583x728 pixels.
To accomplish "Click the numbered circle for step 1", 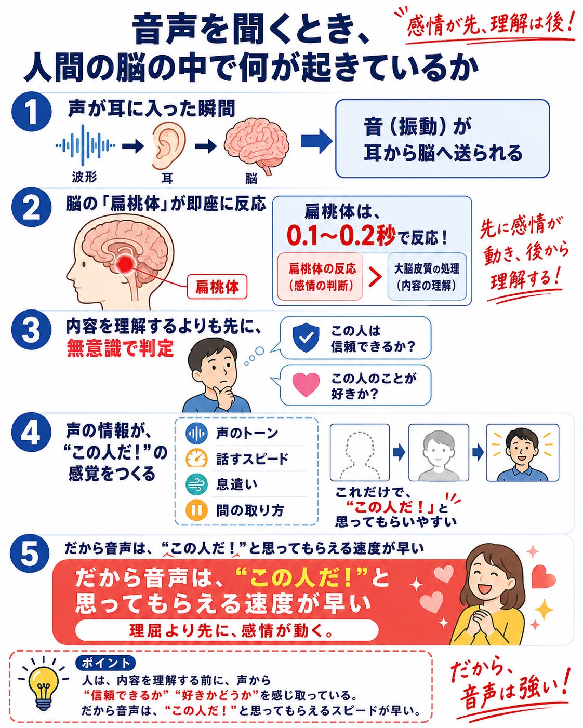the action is [32, 112].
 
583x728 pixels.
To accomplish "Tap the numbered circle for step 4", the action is [31, 433].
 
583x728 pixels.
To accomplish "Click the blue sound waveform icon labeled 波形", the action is [85, 146].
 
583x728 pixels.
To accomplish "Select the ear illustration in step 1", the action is [168, 146].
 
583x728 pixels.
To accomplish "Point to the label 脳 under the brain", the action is [251, 178].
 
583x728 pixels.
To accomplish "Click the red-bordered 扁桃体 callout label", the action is [217, 287].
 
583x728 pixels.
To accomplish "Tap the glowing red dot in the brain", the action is [126, 263].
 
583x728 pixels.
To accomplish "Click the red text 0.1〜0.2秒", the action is [340, 235].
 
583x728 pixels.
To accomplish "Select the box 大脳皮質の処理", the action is [427, 277].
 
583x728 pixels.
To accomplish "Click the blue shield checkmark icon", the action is [306, 338].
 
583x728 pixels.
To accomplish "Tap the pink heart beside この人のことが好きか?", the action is [306, 385].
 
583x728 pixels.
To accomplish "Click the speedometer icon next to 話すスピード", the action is [196, 458].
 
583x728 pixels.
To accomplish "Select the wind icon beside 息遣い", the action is [196, 484].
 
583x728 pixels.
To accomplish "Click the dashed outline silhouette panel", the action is [360, 452].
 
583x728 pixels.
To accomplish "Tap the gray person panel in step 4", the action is [439, 452].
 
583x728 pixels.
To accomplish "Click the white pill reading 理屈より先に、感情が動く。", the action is [227, 630].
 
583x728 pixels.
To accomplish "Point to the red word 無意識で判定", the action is [120, 348].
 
